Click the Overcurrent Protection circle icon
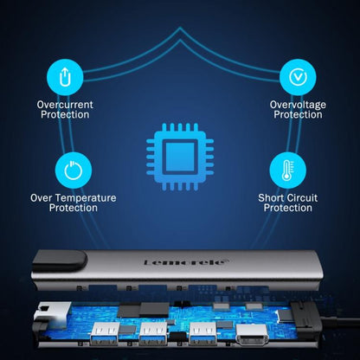65,77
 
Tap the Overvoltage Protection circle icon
298,77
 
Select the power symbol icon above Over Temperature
74,170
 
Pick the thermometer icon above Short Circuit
287,170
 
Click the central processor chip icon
180,157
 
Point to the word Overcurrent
65,105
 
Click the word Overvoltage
298,105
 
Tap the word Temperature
86,198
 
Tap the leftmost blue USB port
105,333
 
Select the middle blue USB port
153,333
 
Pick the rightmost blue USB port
202,333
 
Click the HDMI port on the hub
252,335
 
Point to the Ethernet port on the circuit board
52,313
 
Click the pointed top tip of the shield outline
180,28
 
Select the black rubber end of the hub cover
59,260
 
